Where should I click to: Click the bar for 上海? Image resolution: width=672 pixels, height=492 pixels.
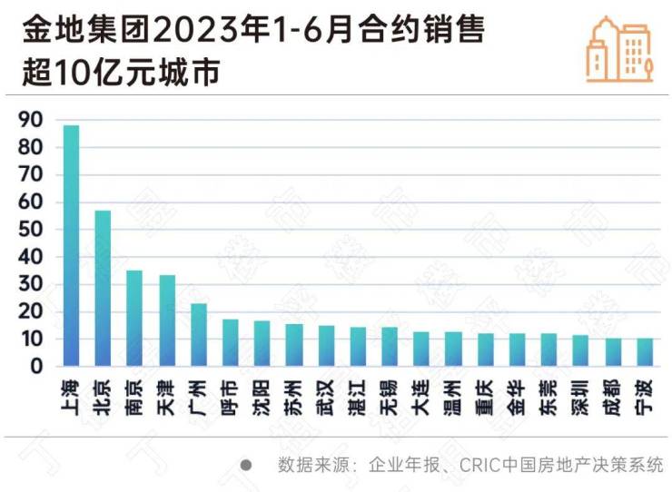click(x=71, y=246)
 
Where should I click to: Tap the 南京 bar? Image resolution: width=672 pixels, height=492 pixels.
click(x=134, y=319)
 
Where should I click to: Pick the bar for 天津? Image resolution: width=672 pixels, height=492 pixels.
click(x=167, y=320)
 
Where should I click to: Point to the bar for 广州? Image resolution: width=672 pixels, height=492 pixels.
click(x=199, y=335)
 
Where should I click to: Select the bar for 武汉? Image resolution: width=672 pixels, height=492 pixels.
click(x=326, y=346)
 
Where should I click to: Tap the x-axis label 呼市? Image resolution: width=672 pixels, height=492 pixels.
click(x=231, y=396)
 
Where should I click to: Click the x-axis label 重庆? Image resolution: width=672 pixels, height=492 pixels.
click(x=485, y=396)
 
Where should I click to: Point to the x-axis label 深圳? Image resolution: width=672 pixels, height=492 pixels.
click(x=580, y=396)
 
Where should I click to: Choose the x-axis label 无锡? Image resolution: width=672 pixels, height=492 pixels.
click(x=390, y=396)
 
